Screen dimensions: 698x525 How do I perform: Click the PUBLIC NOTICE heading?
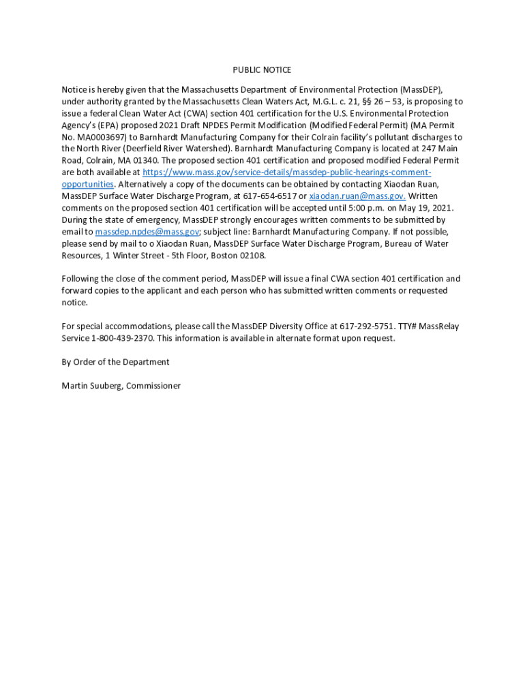(262, 70)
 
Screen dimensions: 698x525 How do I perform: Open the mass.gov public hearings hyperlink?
(286, 172)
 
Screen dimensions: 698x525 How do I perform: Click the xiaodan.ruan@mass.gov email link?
(357, 196)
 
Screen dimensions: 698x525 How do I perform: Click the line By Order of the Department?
(115, 362)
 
